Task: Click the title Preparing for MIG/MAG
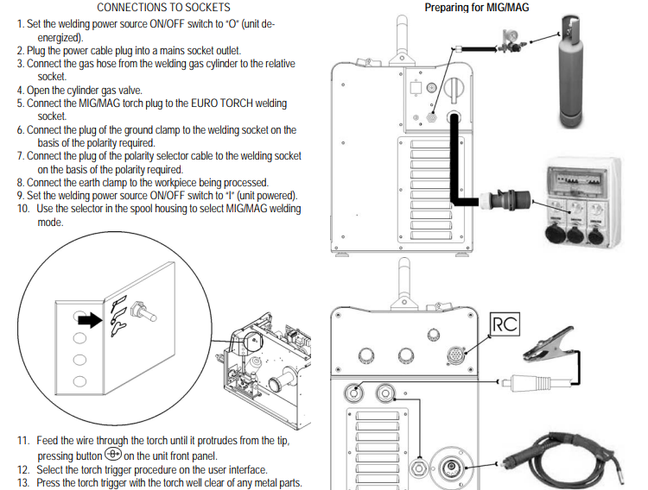pos(477,8)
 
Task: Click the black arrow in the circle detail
pos(90,322)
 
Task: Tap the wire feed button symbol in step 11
pos(112,455)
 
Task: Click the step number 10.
pos(22,209)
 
